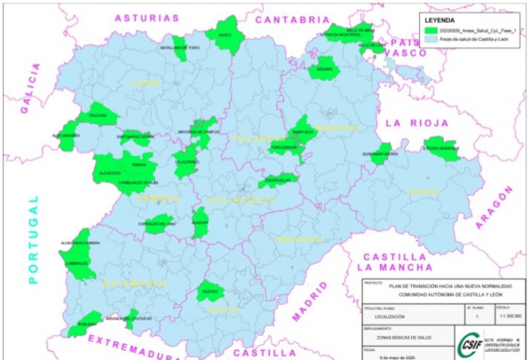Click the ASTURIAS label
[x=147, y=18]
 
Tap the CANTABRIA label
[x=292, y=20]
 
